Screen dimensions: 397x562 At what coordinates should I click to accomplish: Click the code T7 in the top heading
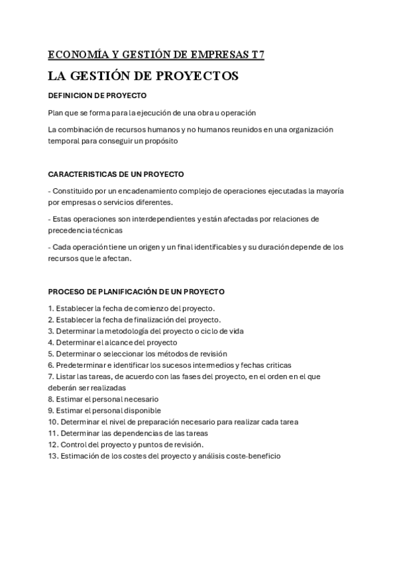258,54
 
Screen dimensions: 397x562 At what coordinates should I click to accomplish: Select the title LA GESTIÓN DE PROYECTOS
143,76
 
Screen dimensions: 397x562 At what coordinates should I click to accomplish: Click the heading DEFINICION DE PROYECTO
97,95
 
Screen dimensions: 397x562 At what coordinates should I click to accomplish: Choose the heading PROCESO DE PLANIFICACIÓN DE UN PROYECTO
137,291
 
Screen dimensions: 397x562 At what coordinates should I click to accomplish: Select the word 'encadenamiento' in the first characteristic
140,191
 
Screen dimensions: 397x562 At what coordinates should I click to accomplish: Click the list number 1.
50,308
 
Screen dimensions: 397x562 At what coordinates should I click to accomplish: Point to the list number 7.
50,376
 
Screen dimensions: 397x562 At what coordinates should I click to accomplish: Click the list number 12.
53,444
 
